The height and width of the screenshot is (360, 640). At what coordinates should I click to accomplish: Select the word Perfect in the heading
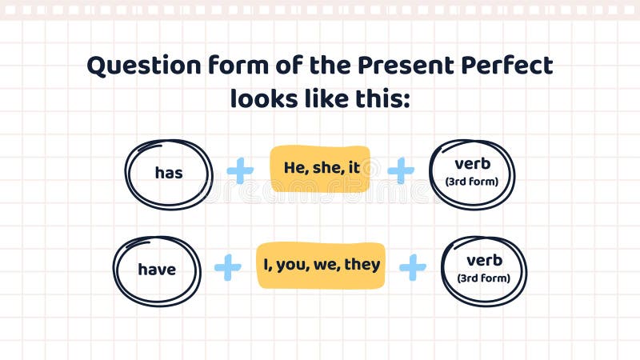(x=504, y=66)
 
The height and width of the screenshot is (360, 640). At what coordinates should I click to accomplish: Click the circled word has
(x=169, y=173)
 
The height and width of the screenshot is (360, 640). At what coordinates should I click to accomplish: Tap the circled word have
(x=157, y=270)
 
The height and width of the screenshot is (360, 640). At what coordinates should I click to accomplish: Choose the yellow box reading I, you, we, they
(x=321, y=265)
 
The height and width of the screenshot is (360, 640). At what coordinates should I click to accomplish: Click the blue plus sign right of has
(x=240, y=170)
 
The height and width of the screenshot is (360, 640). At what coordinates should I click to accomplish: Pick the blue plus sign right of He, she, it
(x=401, y=170)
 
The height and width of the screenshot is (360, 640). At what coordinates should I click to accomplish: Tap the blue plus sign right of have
(x=228, y=267)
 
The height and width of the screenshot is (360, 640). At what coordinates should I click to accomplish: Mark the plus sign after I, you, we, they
(x=413, y=267)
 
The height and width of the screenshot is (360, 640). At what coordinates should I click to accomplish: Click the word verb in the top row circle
(x=471, y=164)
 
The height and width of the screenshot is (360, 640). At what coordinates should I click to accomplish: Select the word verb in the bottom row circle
(x=484, y=261)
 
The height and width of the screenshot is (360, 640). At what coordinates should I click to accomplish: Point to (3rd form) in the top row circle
(x=471, y=182)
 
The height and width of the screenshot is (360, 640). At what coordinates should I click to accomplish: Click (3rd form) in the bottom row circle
(x=484, y=278)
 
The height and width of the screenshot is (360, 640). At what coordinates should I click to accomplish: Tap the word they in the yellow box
(x=362, y=265)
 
